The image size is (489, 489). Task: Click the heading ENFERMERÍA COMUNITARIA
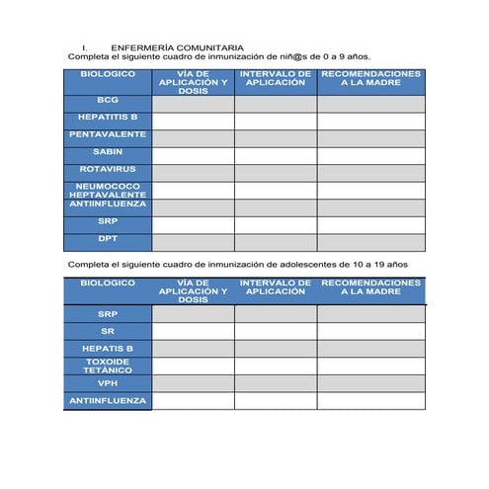tap(177, 46)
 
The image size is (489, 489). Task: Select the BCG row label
tap(108, 101)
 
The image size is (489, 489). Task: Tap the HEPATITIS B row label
tap(108, 118)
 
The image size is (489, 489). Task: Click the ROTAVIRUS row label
tap(108, 169)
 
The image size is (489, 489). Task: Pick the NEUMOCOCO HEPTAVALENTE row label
tap(108, 190)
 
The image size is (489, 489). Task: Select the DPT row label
tap(108, 238)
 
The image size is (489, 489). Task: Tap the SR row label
tap(108, 331)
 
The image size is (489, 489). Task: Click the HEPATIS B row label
tap(108, 349)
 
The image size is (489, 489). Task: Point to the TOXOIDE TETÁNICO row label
tap(108, 366)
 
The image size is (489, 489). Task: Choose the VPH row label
tap(108, 383)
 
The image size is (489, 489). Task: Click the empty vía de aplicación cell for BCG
tap(193, 102)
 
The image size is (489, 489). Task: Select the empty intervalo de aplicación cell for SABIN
tap(276, 153)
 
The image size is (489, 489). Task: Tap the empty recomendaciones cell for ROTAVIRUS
tap(371, 171)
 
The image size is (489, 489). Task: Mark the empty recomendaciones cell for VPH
tap(371, 383)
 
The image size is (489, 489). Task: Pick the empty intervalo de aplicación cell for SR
tap(276, 332)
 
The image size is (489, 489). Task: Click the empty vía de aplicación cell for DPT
tap(193, 240)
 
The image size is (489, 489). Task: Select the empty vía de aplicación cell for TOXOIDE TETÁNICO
tap(193, 366)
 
